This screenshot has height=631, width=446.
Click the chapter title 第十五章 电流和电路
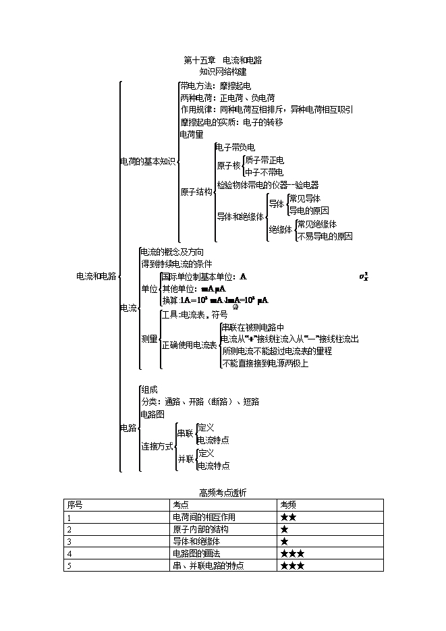tap(223, 60)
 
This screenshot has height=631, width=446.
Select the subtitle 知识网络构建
tap(223, 70)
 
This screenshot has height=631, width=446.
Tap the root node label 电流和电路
tap(96, 276)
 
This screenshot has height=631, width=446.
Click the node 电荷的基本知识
tap(148, 161)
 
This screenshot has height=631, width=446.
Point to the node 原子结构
tap(196, 192)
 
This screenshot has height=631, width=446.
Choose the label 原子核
tap(229, 166)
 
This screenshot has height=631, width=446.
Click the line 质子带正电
tap(264, 161)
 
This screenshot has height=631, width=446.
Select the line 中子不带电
tap(264, 172)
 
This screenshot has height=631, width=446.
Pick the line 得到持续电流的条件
tap(177, 263)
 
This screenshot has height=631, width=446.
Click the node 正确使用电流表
tap(190, 345)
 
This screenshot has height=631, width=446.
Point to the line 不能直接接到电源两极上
tap(265, 364)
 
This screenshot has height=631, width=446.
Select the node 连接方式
tap(157, 446)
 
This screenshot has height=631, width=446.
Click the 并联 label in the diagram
tap(186, 460)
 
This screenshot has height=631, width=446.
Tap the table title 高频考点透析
tap(223, 493)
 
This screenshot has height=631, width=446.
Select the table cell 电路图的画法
tap(197, 553)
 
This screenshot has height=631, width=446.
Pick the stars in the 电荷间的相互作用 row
tap(289, 517)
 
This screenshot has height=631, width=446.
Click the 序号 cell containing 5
tap(69, 566)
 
